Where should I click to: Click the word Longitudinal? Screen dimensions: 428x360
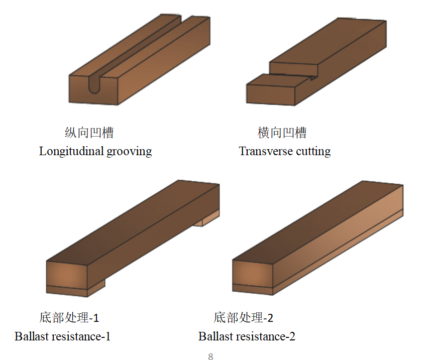71,151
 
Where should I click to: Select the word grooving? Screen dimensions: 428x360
129,152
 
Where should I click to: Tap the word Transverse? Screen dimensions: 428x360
266,151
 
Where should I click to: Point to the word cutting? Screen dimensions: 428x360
313,152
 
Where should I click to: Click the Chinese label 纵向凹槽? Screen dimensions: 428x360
89,133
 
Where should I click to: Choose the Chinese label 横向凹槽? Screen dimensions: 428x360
282,133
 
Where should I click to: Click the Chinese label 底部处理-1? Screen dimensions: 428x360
69,318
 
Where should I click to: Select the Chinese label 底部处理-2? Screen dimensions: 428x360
244,318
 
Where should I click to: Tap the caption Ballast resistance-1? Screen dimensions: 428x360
62,336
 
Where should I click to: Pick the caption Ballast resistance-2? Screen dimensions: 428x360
247,336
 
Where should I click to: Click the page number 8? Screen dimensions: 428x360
210,356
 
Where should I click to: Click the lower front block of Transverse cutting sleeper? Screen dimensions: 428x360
271,94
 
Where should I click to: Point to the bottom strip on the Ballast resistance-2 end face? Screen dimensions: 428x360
253,289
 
